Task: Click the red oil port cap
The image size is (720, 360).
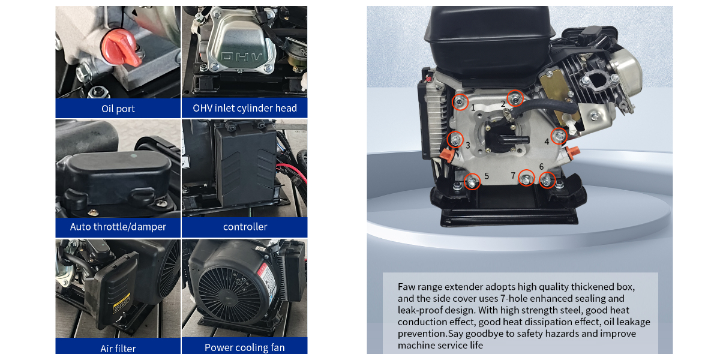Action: pos(121,48)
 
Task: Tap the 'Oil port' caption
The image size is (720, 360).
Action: pos(118,109)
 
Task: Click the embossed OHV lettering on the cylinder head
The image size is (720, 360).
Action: pos(242,57)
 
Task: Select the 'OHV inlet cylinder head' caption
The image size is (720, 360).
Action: pos(245,108)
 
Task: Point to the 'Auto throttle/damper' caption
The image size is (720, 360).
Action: pos(118,227)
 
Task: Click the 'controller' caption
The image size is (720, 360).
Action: pos(245,227)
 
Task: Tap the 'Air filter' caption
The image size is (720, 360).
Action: pos(118,349)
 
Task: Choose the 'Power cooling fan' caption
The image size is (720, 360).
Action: pos(245,347)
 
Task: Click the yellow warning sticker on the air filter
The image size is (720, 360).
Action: pos(121,302)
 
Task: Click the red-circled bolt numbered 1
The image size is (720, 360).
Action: pos(460,102)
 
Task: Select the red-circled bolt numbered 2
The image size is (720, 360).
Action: pos(515,98)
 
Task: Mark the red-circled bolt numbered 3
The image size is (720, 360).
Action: pos(455,140)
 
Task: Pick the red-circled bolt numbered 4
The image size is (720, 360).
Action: pos(559,136)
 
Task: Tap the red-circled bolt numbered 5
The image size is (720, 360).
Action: pos(472,182)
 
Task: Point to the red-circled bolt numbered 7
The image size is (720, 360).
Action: pos(526,178)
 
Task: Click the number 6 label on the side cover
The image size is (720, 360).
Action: pos(541,167)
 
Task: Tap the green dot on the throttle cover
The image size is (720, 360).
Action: pos(134,156)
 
